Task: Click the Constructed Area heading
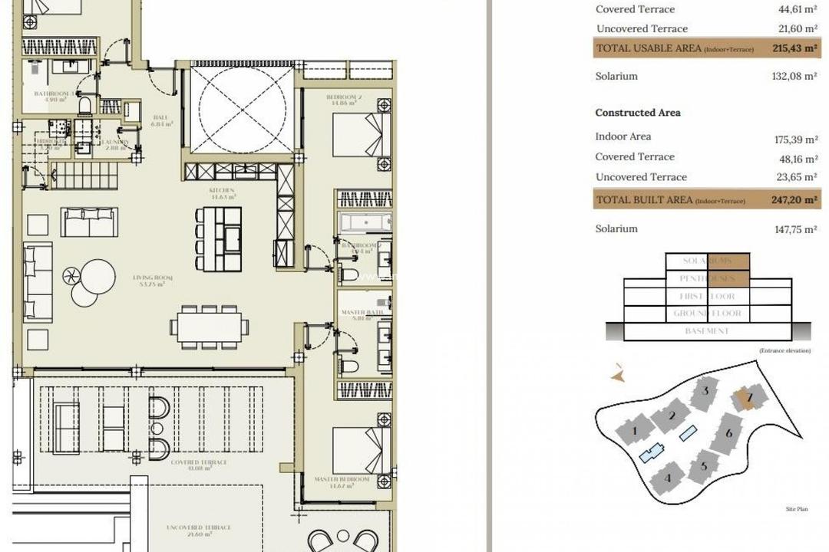tap(638, 113)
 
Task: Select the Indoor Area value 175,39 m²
tap(795, 140)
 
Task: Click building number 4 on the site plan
tap(668, 478)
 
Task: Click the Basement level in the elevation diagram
tap(707, 331)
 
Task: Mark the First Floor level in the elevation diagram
tap(707, 297)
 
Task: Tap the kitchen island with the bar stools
tap(228, 239)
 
